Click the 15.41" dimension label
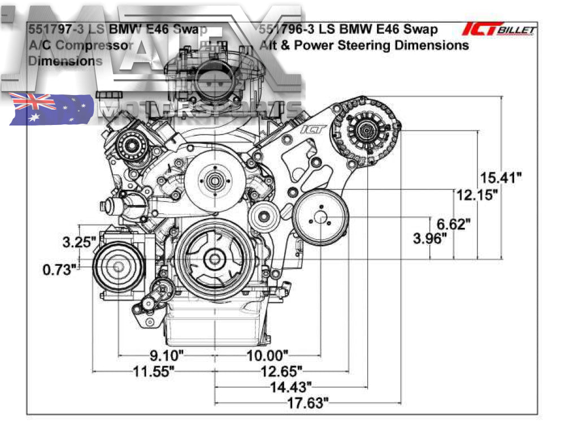coord(498,178)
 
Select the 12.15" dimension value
coord(477,196)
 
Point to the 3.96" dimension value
coord(430,239)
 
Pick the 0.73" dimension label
coord(59,270)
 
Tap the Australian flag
coord(51,109)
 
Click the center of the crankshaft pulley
coord(215,260)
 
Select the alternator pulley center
coord(365,131)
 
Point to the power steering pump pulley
coord(320,218)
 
